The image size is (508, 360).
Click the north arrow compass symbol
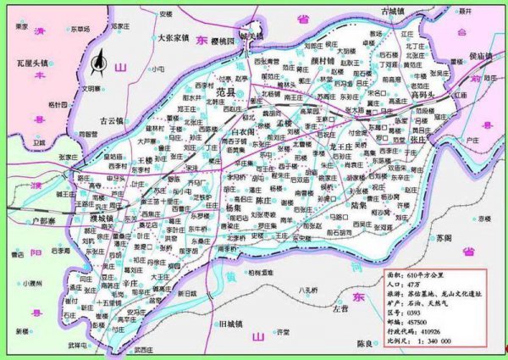[x=100, y=61]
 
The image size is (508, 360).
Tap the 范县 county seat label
[x=204, y=89]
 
